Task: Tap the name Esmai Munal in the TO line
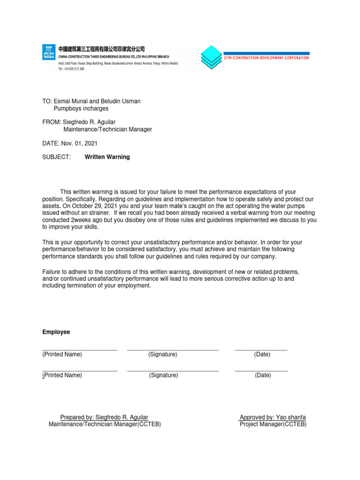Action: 67,101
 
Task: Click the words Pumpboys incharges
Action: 81,108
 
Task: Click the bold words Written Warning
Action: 107,157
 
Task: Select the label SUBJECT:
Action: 56,157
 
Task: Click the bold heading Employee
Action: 56,332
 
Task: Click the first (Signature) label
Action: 163,354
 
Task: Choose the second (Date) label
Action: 263,375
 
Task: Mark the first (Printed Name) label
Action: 62,354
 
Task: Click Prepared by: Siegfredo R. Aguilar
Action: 104,417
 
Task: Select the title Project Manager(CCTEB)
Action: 273,424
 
